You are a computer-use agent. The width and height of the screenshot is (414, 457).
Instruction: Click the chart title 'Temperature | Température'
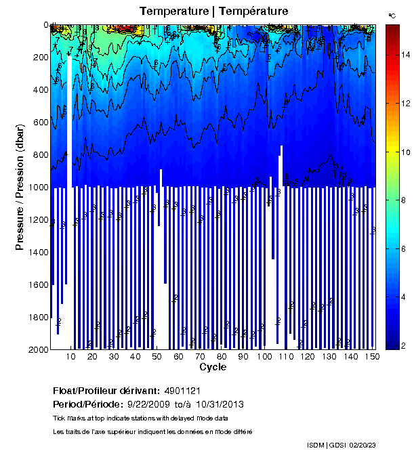tap(213, 12)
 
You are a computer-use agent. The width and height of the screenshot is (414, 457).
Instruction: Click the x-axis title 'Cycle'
tap(213, 367)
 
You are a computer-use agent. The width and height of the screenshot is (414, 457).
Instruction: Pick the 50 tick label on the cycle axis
tap(156, 357)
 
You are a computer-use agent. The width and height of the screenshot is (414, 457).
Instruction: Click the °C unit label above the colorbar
tap(392, 15)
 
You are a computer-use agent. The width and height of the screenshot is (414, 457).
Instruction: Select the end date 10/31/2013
tap(220, 404)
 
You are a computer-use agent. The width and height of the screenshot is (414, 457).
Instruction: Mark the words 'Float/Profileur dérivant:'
tap(105, 391)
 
